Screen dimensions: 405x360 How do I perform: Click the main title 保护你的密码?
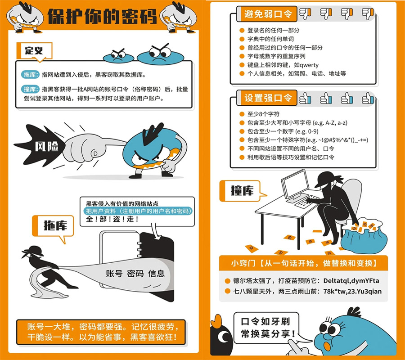click(x=102, y=16)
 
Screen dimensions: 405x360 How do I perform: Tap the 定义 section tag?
click(x=34, y=50)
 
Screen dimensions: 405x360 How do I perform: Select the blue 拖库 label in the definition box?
click(x=30, y=75)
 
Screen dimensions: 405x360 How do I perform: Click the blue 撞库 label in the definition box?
click(x=30, y=89)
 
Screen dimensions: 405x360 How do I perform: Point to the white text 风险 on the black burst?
click(x=46, y=146)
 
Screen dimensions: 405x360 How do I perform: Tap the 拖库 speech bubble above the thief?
click(x=53, y=226)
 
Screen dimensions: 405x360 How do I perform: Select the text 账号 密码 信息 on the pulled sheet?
click(x=135, y=274)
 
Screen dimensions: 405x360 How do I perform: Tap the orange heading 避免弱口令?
click(x=268, y=13)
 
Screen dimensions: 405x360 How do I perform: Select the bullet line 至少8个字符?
click(x=263, y=114)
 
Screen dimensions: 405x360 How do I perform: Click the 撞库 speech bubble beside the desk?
click(x=242, y=191)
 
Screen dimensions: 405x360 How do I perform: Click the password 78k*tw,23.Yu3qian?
click(x=352, y=291)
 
